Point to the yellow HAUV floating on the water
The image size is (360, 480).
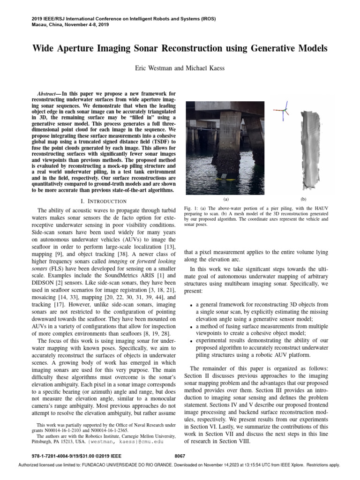pyautogui.click(x=227, y=177)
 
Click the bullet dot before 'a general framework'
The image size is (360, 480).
pyautogui.click(x=191, y=305)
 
